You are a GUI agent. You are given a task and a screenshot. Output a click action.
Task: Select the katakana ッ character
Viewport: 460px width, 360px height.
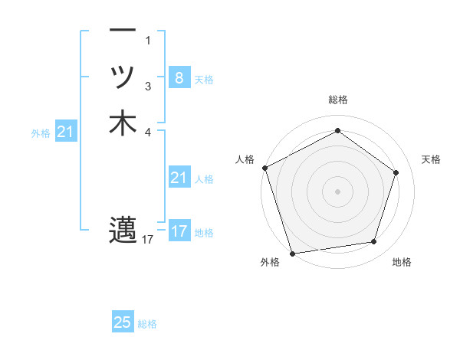[x=123, y=77]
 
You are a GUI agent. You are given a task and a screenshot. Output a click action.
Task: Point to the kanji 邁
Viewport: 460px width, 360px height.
[x=123, y=229]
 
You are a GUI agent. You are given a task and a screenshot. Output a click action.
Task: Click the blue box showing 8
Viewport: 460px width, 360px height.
[x=179, y=77]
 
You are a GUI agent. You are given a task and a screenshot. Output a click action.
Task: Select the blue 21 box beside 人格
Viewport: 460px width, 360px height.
[x=179, y=178]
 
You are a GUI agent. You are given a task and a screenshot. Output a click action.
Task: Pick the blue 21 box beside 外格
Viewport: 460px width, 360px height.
[x=66, y=133]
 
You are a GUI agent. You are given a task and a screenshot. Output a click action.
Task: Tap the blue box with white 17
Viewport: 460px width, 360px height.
[x=179, y=231]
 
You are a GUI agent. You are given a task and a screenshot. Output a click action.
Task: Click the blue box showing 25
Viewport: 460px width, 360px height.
[x=123, y=322]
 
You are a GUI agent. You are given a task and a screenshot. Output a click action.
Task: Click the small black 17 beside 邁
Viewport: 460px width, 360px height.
[x=148, y=240]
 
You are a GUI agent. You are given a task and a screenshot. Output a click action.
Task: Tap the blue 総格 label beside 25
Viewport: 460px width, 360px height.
[x=147, y=324]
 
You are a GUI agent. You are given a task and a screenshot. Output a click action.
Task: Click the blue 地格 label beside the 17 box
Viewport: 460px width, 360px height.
[x=204, y=233]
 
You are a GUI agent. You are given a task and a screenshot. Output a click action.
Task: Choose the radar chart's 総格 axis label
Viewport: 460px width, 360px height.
[x=337, y=100]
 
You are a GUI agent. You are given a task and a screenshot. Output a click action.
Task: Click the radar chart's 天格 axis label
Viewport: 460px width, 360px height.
[x=431, y=159]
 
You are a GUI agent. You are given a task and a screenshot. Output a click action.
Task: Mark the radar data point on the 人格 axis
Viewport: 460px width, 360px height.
[x=264, y=167]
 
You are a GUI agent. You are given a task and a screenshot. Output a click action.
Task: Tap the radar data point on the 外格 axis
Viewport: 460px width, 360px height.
[x=293, y=253]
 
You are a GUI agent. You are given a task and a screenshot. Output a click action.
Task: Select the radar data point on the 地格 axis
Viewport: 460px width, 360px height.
[x=373, y=242]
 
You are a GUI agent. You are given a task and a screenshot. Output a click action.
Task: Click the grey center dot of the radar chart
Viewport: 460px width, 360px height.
[x=337, y=191]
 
